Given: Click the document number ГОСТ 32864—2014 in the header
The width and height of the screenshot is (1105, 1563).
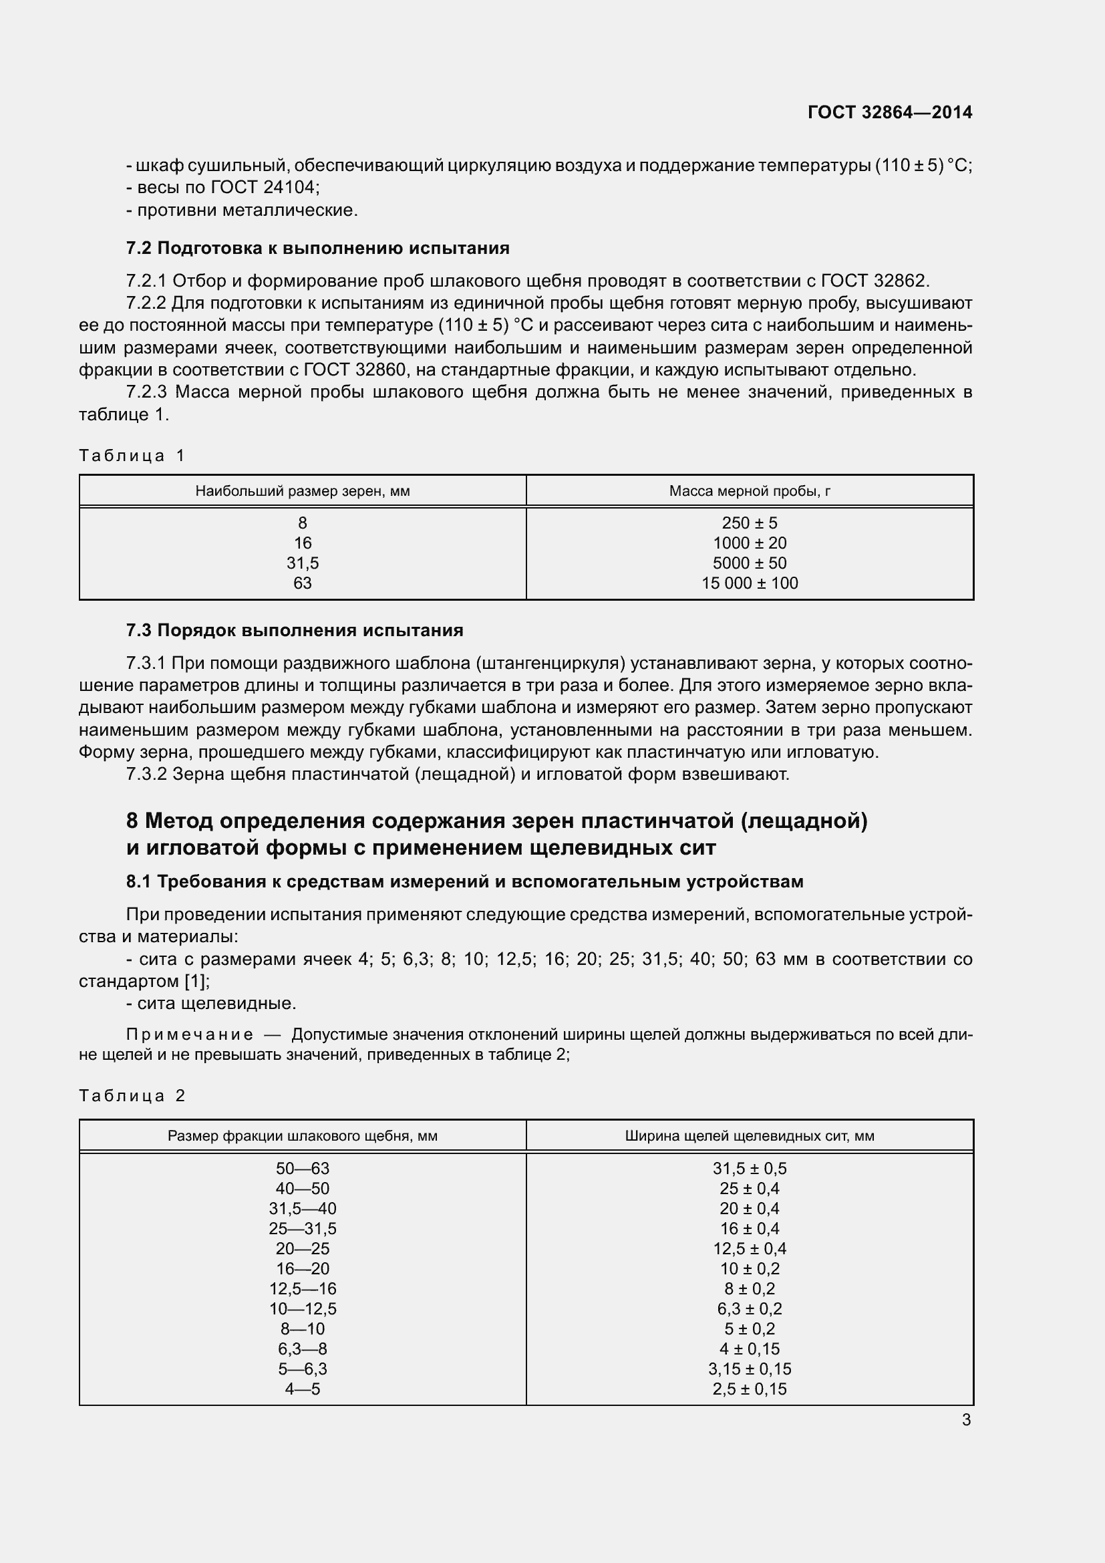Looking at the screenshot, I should [x=889, y=112].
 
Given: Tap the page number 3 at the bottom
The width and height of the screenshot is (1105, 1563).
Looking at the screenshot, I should [x=966, y=1420].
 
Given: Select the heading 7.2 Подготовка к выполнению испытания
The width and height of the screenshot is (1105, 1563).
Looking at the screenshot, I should [x=318, y=248].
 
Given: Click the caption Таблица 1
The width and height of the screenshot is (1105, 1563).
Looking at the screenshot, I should [x=132, y=456].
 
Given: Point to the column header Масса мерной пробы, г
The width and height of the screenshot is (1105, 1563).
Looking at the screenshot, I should [x=749, y=491].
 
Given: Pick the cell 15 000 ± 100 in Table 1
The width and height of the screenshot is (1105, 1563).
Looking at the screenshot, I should [x=749, y=583].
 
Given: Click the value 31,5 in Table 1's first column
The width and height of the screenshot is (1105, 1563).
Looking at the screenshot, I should [x=302, y=563].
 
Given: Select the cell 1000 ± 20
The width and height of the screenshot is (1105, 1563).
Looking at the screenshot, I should [x=749, y=543].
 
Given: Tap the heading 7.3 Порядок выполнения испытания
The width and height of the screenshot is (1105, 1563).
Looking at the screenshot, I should [x=295, y=630].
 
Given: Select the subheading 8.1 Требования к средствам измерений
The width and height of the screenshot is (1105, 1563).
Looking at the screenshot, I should [x=465, y=881].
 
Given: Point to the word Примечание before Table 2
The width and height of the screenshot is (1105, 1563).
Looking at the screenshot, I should [x=190, y=1034].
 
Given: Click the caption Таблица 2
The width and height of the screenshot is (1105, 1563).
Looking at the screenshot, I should [x=132, y=1095].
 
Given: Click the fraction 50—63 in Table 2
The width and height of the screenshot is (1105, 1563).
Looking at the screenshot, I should [x=302, y=1168].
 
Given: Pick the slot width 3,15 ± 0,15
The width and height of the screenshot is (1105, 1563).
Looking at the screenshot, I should [x=749, y=1369].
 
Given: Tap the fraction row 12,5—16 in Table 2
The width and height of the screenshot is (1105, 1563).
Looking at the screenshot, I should [x=302, y=1288].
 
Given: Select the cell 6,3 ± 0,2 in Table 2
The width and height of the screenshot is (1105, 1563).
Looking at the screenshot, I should [x=749, y=1308].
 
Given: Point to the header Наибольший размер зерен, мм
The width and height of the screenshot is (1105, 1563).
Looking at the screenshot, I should [x=302, y=491].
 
